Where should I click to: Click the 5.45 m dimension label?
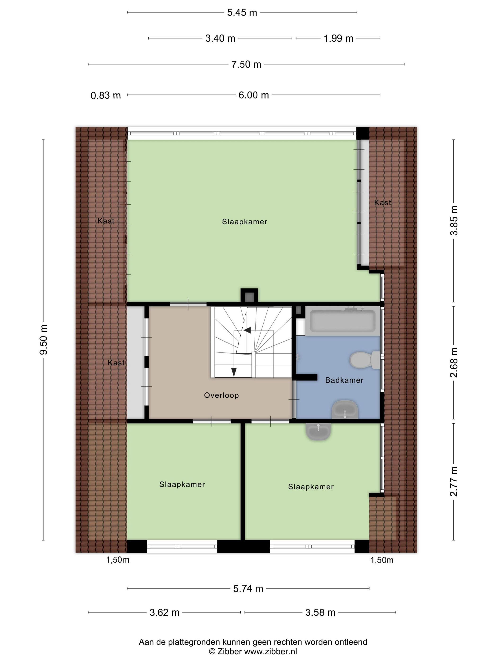(242, 13)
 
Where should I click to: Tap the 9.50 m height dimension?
(44, 339)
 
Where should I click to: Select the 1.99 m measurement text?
(338, 38)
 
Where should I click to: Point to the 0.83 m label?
(106, 95)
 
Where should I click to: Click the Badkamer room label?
(344, 380)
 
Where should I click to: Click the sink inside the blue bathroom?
(345, 410)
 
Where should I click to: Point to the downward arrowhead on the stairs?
(234, 372)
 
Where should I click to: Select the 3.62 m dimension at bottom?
(164, 612)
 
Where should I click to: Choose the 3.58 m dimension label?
(320, 612)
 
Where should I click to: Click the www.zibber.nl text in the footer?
(271, 651)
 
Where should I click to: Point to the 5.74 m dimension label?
(248, 588)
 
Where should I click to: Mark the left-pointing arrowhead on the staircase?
(247, 330)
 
